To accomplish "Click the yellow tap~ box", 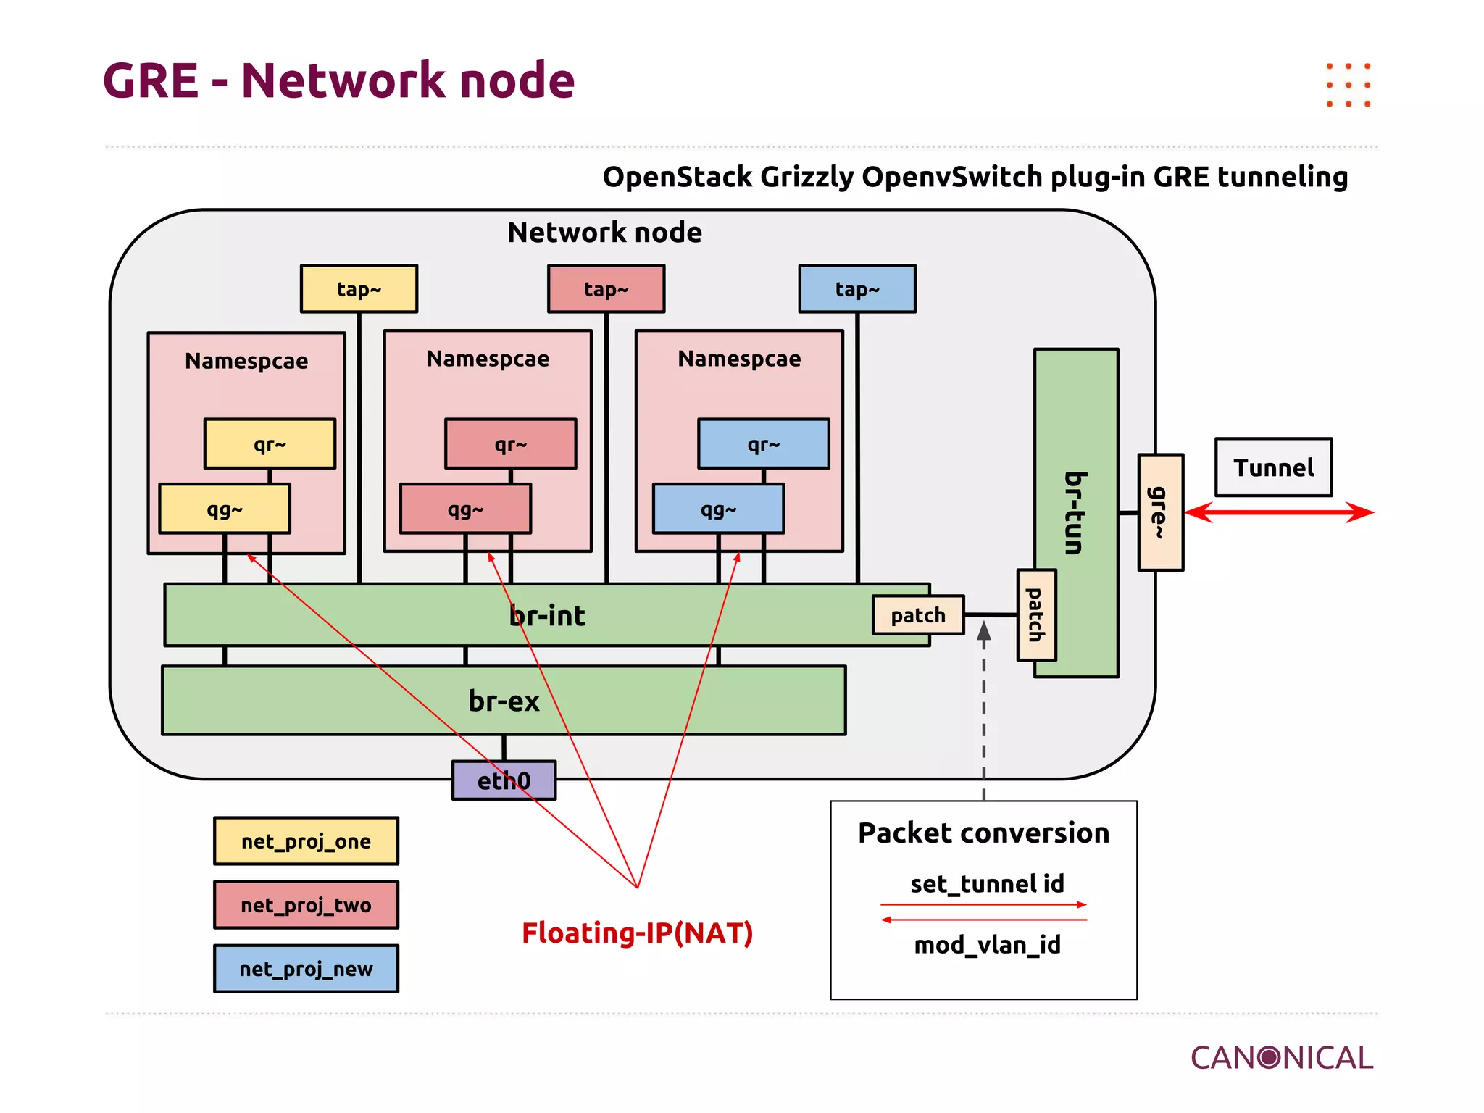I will [359, 289].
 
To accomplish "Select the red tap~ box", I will [606, 289].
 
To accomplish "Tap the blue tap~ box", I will [856, 289].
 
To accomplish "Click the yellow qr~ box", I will [270, 443].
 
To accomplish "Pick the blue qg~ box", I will [717, 509].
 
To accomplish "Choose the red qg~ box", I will [464, 509].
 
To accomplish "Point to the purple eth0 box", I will [504, 780].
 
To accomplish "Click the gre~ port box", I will [1160, 512].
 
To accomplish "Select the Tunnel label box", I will [1273, 467].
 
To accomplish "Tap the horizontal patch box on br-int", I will [917, 615].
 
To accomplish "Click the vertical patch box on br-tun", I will [1036, 615].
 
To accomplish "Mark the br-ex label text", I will [504, 701].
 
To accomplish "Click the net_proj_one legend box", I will [306, 841].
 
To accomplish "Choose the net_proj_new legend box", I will [306, 969].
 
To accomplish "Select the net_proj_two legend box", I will [306, 905].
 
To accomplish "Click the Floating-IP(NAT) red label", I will [637, 933].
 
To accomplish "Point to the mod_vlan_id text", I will [987, 945].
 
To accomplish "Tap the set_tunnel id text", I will [987, 883].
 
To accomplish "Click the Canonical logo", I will [1281, 1058].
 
